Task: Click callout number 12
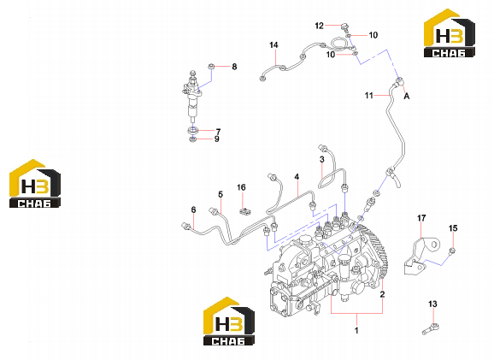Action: click(319, 26)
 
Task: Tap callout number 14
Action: click(273, 45)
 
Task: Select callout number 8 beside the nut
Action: click(234, 67)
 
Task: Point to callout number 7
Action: click(218, 131)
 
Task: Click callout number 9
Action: click(217, 139)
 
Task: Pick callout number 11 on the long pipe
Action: click(369, 95)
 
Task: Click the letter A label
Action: click(407, 96)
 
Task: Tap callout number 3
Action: click(321, 160)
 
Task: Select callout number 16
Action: click(241, 187)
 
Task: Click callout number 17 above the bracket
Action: click(421, 218)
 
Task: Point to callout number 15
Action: click(453, 228)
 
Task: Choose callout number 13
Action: click(432, 304)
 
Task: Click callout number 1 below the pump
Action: click(356, 331)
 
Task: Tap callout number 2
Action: click(383, 294)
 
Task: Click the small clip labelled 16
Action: click(244, 211)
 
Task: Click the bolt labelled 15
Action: click(452, 251)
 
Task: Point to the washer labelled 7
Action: click(192, 130)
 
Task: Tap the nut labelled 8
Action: click(211, 67)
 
